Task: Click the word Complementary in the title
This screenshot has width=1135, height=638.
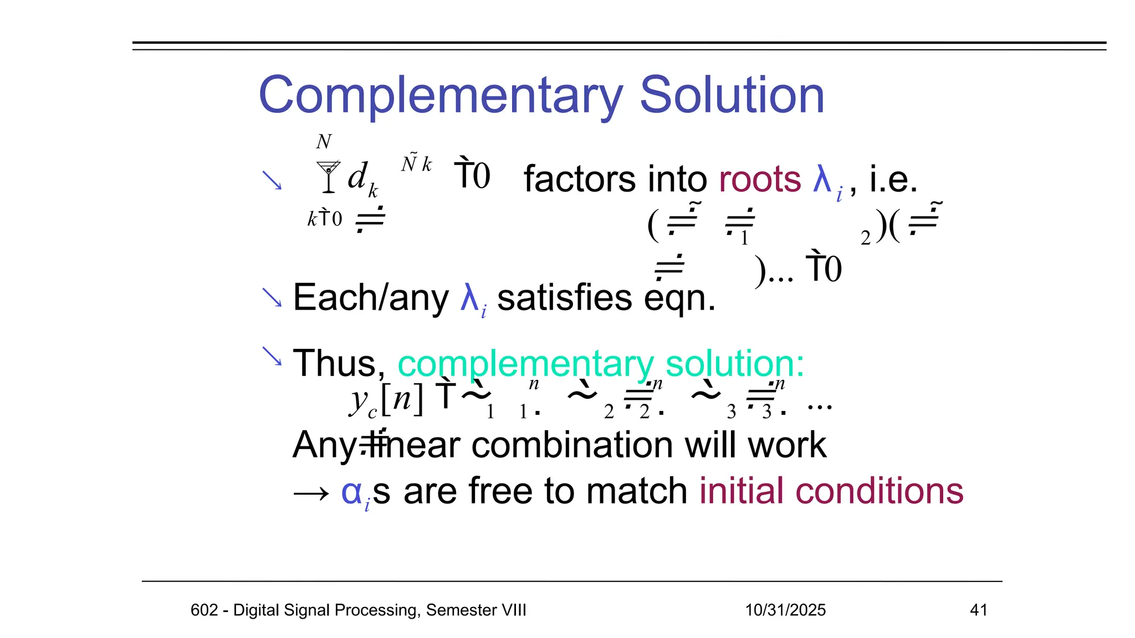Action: tap(441, 96)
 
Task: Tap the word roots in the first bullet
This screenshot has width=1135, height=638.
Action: tap(760, 179)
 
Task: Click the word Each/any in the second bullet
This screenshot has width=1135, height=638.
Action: tap(370, 298)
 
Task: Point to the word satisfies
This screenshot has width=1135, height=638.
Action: tap(565, 298)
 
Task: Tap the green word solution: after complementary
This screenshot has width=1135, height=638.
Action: tap(734, 364)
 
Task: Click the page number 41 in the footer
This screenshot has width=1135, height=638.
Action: tap(979, 610)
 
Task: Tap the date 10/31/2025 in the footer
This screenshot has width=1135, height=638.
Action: tap(785, 610)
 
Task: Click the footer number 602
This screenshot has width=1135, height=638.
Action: tap(204, 610)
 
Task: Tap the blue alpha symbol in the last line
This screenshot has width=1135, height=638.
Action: tap(351, 491)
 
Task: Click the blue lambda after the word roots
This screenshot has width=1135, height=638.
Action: tap(822, 179)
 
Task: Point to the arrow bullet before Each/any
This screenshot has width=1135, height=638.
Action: tap(272, 297)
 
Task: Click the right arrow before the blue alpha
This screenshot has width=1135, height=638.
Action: tap(311, 492)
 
